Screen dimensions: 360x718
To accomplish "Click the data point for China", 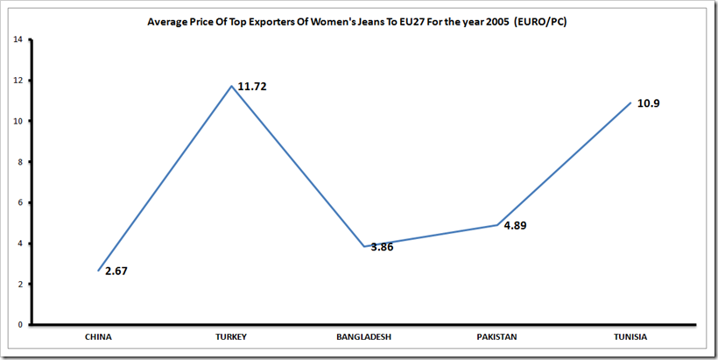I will (x=98, y=271).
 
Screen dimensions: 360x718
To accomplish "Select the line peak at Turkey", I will (x=231, y=86).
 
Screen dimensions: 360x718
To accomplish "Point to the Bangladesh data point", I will (x=364, y=246).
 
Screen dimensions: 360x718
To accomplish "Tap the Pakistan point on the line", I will (x=497, y=225).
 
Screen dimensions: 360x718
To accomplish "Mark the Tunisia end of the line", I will (x=630, y=102).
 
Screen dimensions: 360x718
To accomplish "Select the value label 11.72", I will (x=255, y=87).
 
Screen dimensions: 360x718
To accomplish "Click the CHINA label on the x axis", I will (x=98, y=336).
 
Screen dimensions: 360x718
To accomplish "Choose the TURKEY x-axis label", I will (x=231, y=336).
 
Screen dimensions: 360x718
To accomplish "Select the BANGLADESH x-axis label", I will (x=364, y=336).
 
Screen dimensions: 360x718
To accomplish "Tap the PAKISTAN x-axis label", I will (x=497, y=336).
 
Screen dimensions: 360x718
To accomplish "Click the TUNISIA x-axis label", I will (x=630, y=336).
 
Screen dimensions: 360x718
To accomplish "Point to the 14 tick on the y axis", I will (x=18, y=39).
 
